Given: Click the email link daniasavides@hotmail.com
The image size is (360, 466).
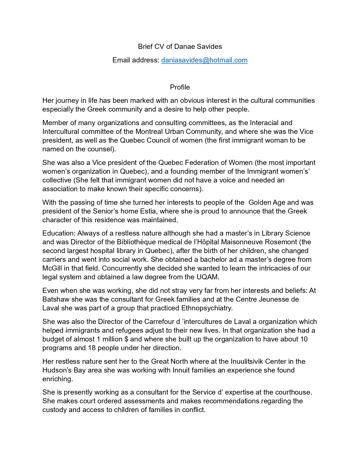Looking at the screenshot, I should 204,60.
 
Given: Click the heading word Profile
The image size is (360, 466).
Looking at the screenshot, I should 180,87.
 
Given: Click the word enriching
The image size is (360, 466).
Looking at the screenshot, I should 57,379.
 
